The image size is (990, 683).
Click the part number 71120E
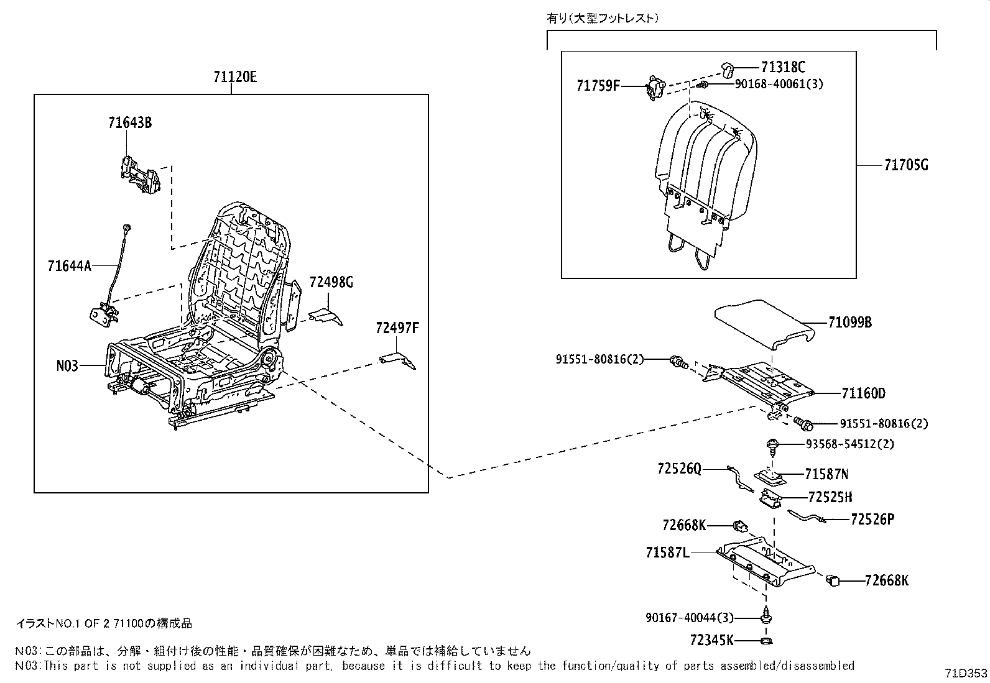234,77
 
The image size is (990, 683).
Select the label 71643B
129,122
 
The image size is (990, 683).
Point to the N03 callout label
67,365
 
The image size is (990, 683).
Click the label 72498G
331,283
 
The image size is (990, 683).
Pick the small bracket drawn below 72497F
398,360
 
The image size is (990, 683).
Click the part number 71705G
905,165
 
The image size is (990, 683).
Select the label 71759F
598,86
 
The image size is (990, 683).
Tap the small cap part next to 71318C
729,67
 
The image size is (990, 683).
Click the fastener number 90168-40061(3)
779,84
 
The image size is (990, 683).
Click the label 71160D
863,393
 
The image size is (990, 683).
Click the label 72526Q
678,469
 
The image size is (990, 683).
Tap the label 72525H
830,497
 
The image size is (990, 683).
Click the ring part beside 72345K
767,641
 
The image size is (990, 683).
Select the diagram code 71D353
966,673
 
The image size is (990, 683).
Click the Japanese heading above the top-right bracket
602,18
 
